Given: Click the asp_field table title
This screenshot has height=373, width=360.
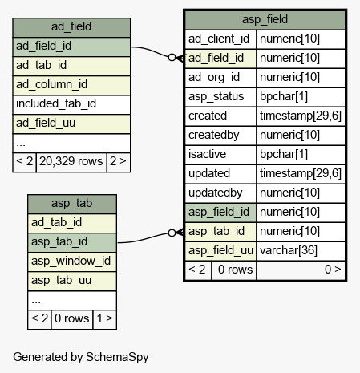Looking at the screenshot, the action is [265, 20].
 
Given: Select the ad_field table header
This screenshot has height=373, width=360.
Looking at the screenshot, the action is [71, 27].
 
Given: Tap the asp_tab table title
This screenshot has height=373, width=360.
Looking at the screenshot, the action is [72, 204].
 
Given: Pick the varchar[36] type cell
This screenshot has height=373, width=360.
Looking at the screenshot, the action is [301, 251].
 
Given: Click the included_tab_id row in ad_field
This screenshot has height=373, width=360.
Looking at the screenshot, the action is [71, 104].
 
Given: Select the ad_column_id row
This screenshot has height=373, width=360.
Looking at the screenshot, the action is [71, 85].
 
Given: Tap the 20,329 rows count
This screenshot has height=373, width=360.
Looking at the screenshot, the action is [71, 162].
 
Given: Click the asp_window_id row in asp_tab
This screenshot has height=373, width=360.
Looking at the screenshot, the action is [72, 262].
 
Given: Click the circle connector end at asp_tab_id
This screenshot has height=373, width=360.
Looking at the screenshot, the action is [172, 233].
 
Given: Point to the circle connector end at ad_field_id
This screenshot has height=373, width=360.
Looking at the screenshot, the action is [172, 57].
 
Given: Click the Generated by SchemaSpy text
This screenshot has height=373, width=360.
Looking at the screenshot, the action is [81, 357].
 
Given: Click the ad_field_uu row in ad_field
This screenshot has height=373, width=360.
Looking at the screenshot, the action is [71, 124].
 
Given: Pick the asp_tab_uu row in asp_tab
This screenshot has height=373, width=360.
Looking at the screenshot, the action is [72, 281].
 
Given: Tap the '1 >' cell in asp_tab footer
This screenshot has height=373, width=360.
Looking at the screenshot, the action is [104, 319].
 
